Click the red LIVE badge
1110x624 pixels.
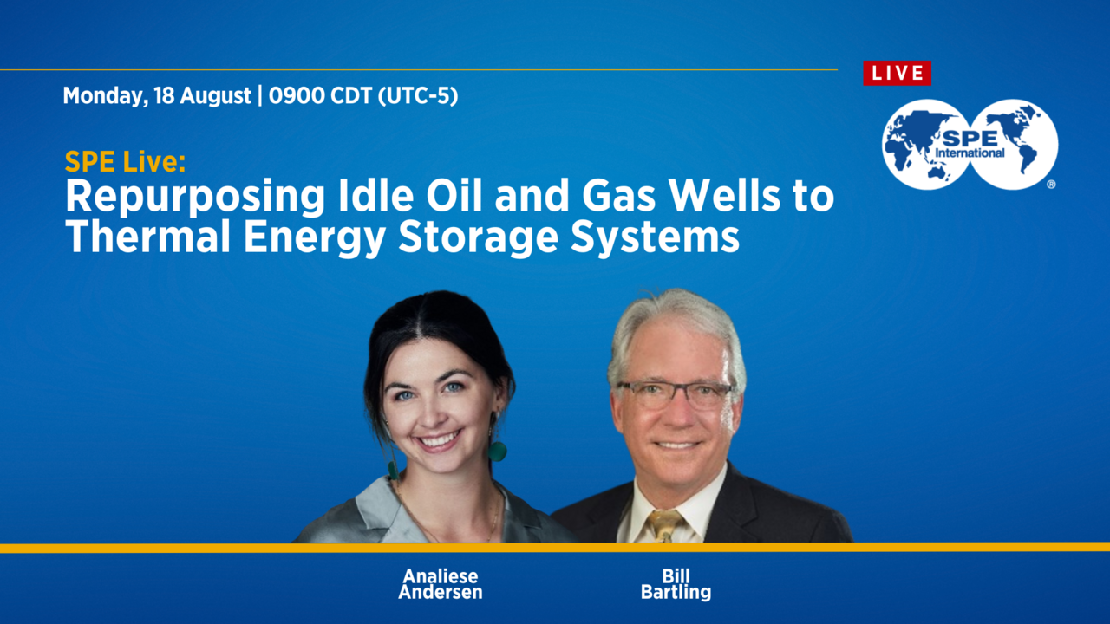point(897,73)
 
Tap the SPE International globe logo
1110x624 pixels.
point(970,144)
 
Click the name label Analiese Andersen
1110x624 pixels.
point(440,585)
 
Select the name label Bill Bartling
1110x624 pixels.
point(675,585)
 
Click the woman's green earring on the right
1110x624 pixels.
point(497,451)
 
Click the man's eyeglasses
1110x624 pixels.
point(675,394)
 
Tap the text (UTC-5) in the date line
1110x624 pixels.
point(417,96)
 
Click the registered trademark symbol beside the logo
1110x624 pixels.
point(1051,184)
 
